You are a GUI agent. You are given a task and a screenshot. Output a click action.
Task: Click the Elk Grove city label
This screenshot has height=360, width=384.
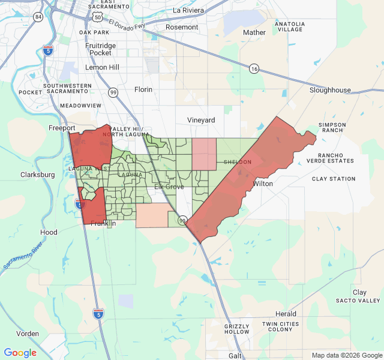pyautogui.click(x=169, y=187)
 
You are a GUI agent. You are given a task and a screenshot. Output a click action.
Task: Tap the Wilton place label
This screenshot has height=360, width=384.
pyautogui.click(x=263, y=184)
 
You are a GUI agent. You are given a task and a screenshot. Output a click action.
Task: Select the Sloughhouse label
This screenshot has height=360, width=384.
pyautogui.click(x=330, y=90)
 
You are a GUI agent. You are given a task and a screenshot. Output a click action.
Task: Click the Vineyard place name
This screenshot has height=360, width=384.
pyautogui.click(x=201, y=120)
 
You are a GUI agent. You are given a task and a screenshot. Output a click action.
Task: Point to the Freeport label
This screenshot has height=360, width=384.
pyautogui.click(x=62, y=128)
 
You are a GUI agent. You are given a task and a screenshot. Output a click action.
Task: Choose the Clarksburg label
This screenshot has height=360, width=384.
pyautogui.click(x=38, y=175)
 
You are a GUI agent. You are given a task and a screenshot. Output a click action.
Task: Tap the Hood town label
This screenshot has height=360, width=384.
pyautogui.click(x=49, y=232)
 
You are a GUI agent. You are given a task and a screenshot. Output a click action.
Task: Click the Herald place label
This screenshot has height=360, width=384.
pyautogui.click(x=286, y=314)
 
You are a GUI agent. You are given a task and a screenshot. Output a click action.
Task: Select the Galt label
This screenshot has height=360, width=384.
pyautogui.click(x=236, y=355)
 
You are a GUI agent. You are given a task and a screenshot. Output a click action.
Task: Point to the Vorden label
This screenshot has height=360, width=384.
pyautogui.click(x=28, y=334)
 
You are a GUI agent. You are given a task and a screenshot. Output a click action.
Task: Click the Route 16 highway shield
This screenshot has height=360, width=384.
pyautogui.click(x=254, y=69)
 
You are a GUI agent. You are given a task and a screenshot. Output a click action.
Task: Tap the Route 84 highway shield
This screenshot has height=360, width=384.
pyautogui.click(x=38, y=16)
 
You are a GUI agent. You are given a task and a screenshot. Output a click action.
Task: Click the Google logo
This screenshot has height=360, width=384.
pyautogui.click(x=20, y=353)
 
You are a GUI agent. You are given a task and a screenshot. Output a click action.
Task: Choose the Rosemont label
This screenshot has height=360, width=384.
pyautogui.click(x=182, y=27)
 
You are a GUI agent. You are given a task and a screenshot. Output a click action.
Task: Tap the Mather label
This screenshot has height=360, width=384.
pyautogui.click(x=254, y=32)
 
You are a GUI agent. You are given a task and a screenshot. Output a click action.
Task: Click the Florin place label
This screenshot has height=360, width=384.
pyautogui.click(x=143, y=89)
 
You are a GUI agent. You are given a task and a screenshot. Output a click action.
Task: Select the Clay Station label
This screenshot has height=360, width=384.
pyautogui.click(x=334, y=179)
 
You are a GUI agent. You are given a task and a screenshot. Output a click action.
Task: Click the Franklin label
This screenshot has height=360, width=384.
pyautogui.click(x=103, y=224)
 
